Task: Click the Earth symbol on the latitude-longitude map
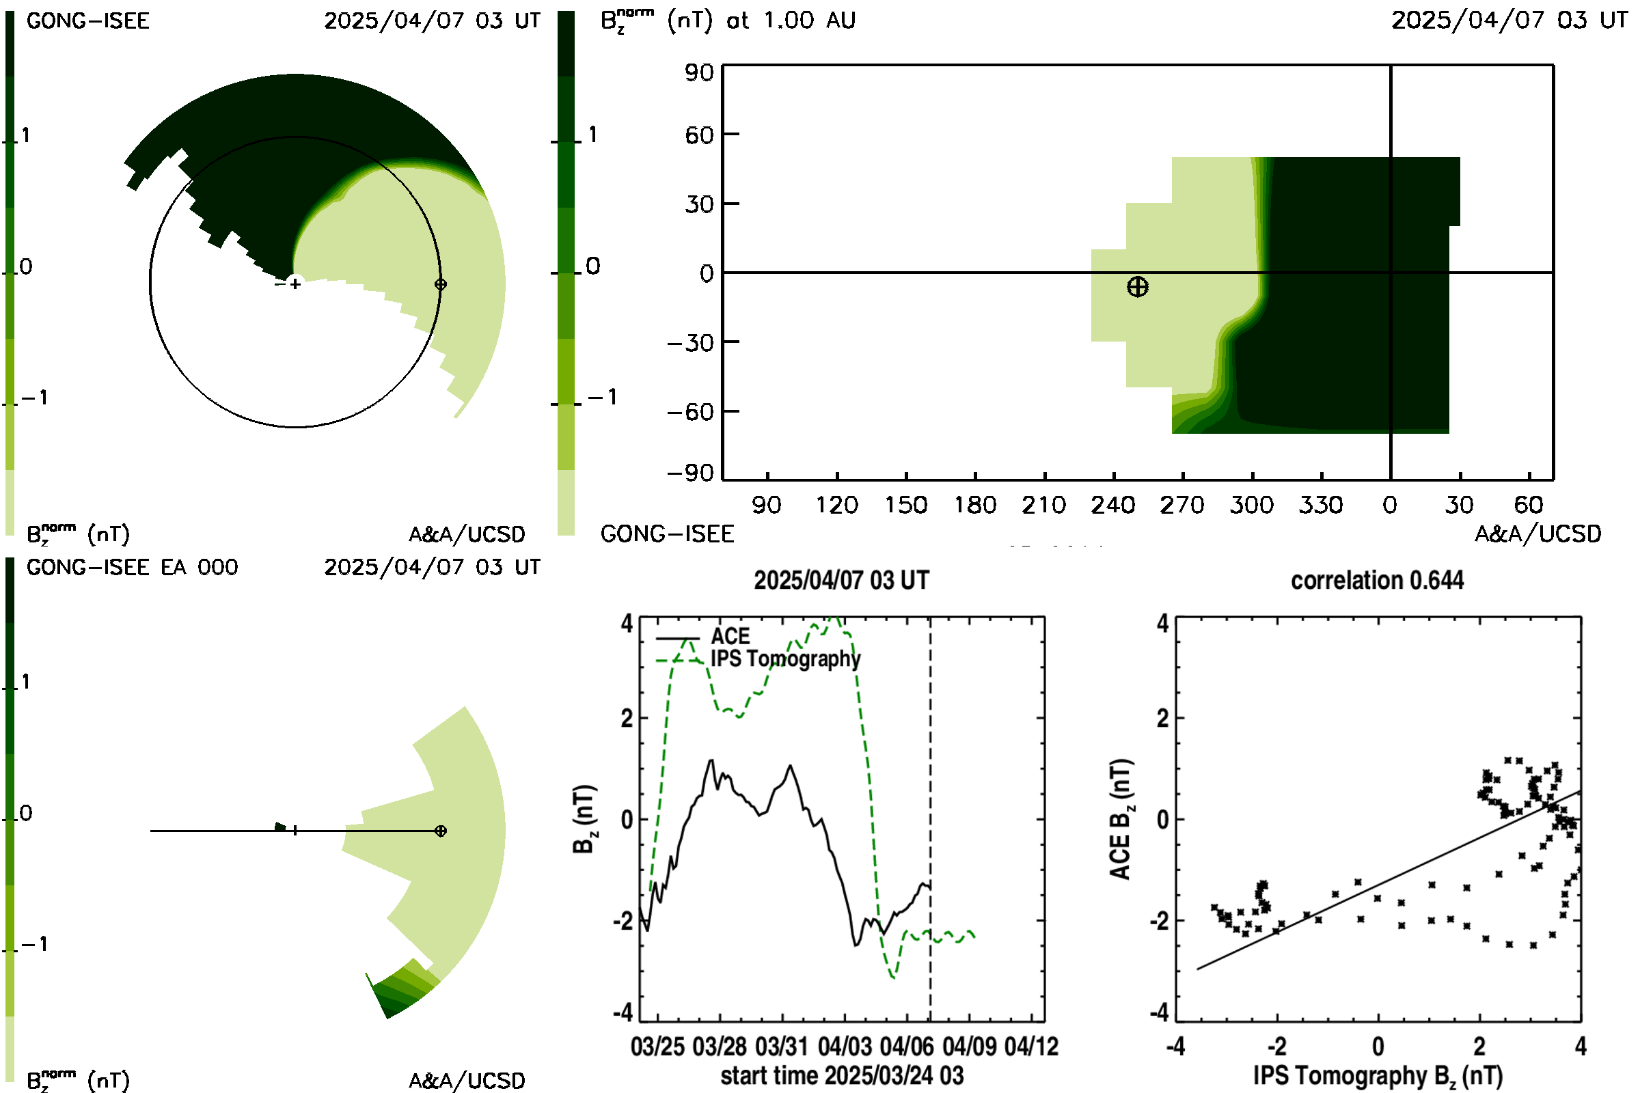point(1137,286)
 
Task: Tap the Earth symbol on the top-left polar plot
point(440,284)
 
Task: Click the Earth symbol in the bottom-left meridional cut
point(440,831)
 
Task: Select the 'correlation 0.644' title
point(1377,580)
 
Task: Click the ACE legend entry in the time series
point(730,636)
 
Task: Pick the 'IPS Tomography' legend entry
point(785,659)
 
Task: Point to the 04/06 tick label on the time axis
point(907,1047)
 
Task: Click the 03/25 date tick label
point(657,1047)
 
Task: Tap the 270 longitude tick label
point(1183,505)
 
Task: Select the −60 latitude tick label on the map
point(690,411)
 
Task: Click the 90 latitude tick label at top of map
point(699,72)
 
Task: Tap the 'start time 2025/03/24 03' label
point(843,1075)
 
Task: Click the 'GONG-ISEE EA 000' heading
point(133,567)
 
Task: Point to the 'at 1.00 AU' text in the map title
point(791,20)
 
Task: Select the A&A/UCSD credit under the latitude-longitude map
point(1537,534)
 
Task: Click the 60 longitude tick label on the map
point(1529,505)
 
